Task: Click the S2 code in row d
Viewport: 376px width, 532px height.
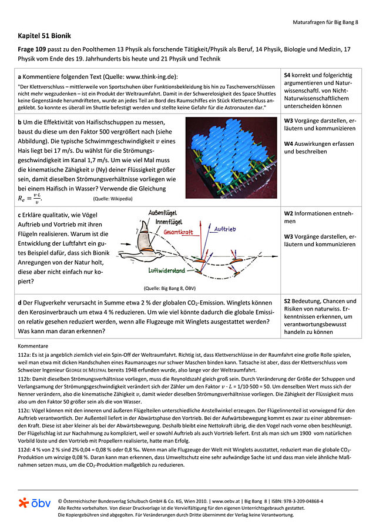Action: tap(288, 301)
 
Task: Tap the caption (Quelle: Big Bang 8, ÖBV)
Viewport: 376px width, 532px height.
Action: tap(169, 289)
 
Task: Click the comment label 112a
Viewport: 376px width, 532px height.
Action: tap(26, 356)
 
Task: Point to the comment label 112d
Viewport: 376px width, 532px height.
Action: tap(26, 450)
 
